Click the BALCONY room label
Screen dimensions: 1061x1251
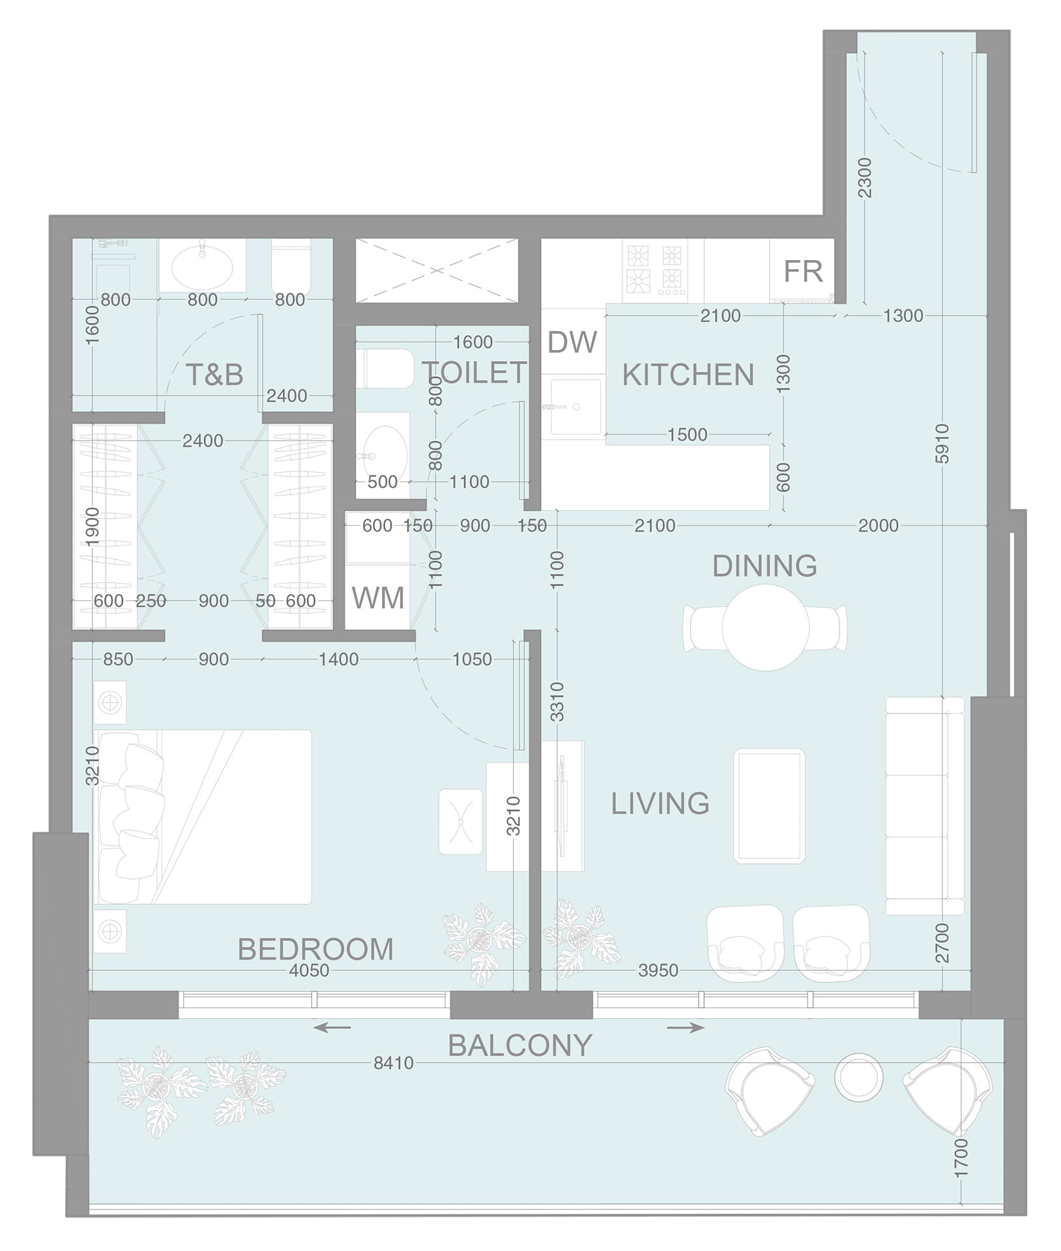coord(520,1045)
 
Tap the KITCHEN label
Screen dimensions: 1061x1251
coord(688,375)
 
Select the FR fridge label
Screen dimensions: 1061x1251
coord(803,272)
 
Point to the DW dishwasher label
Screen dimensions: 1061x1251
coord(572,342)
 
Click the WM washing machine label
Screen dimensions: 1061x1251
coord(378,597)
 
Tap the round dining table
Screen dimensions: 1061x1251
coord(766,627)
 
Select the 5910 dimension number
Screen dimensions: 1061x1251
coord(942,444)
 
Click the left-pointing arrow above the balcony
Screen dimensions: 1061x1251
coord(332,1028)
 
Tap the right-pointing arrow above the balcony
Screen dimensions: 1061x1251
coord(686,1028)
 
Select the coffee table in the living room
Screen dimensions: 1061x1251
coord(770,805)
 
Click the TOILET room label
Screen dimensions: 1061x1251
coord(474,372)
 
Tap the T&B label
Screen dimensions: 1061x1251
coord(214,375)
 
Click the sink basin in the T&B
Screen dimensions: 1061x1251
coord(201,265)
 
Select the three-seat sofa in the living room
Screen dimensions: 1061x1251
coord(925,805)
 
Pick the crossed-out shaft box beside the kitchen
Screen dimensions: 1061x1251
coord(437,270)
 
